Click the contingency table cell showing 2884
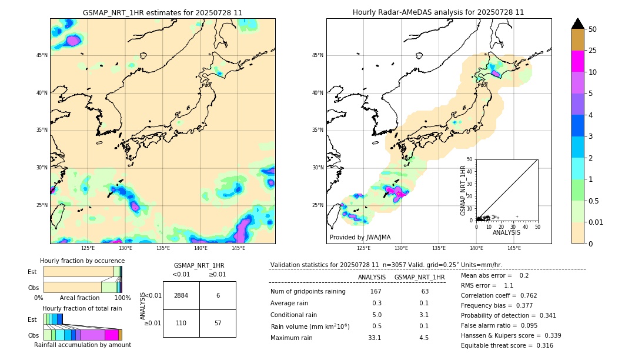(x=181, y=295)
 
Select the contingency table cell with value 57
(x=218, y=323)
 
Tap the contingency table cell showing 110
(x=181, y=323)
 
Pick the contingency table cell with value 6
(x=218, y=295)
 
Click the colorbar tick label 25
(x=593, y=51)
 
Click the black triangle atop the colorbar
(x=578, y=24)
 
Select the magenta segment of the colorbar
(x=578, y=61)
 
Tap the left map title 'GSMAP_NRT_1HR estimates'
(x=162, y=12)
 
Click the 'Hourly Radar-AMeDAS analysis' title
(x=438, y=12)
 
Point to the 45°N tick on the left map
(x=42, y=55)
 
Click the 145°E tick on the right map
(x=514, y=248)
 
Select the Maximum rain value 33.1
(x=375, y=338)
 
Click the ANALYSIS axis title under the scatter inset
(x=506, y=232)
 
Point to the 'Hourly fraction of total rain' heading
(x=82, y=308)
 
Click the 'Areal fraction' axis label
(x=80, y=298)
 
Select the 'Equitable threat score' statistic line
(x=507, y=345)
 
